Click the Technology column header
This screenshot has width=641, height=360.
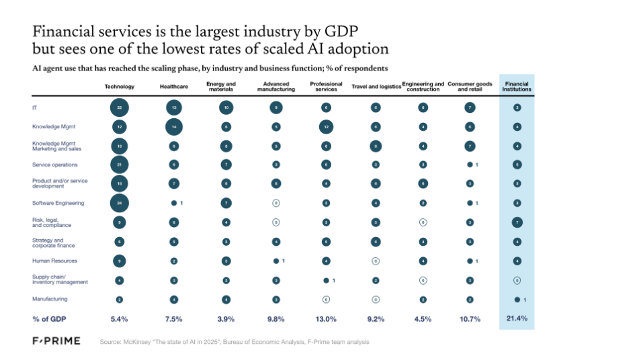(120, 87)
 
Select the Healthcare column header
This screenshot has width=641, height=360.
(173, 87)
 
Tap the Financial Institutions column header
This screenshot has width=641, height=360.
(517, 86)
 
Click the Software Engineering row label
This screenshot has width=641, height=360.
(59, 203)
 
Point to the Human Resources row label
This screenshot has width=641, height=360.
(54, 261)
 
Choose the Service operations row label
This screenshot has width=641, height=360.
(54, 165)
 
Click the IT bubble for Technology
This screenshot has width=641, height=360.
(120, 107)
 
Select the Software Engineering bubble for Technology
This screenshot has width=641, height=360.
(120, 203)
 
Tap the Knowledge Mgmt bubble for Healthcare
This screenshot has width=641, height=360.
(173, 126)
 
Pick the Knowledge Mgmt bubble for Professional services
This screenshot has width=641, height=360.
(326, 126)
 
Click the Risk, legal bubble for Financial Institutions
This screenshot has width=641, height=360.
(517, 222)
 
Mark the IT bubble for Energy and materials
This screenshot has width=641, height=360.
(226, 107)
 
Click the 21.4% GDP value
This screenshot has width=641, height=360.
(517, 318)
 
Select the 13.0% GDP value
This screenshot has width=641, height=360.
(326, 319)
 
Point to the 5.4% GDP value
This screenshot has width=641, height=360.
(120, 319)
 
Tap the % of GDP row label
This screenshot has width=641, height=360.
(50, 319)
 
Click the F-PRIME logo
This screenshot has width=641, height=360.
(56, 341)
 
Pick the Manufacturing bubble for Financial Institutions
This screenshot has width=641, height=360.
(517, 300)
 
